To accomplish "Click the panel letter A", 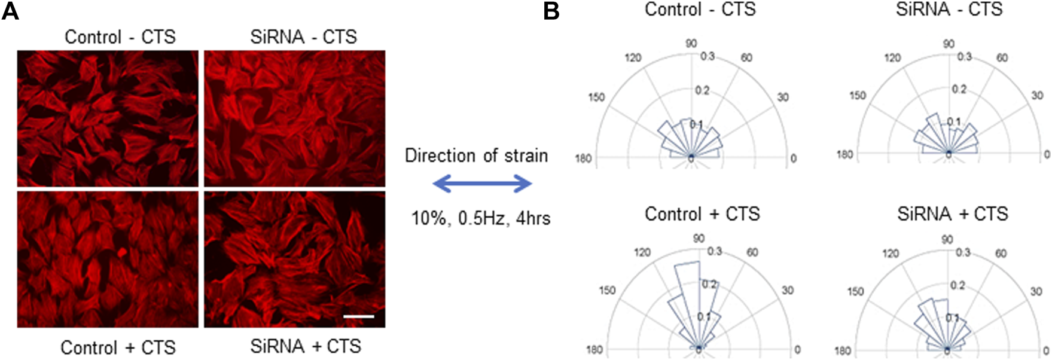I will point(10,11).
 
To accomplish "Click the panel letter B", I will point(551,11).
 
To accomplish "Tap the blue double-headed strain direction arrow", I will point(482,184).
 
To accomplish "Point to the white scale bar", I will point(359,316).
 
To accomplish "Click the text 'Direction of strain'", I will point(476,156).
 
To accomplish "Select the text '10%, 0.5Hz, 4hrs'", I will point(480,218).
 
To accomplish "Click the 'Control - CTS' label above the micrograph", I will point(120,37).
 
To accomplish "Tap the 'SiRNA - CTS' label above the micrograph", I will point(303,37).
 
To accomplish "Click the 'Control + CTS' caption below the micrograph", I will point(118,347).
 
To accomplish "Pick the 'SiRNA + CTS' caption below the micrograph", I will point(306,346).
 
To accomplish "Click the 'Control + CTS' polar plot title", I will point(702,214).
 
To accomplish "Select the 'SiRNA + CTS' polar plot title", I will point(952,214).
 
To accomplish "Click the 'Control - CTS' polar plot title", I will point(700,10).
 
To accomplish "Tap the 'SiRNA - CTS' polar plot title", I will point(949,10).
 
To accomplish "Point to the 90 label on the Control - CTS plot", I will point(691,43).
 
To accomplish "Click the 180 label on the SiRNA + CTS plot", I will point(843,350).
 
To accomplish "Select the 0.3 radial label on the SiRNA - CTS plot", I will point(964,57).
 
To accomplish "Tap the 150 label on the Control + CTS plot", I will point(607,290).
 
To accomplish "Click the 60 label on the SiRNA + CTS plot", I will point(1001,254).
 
